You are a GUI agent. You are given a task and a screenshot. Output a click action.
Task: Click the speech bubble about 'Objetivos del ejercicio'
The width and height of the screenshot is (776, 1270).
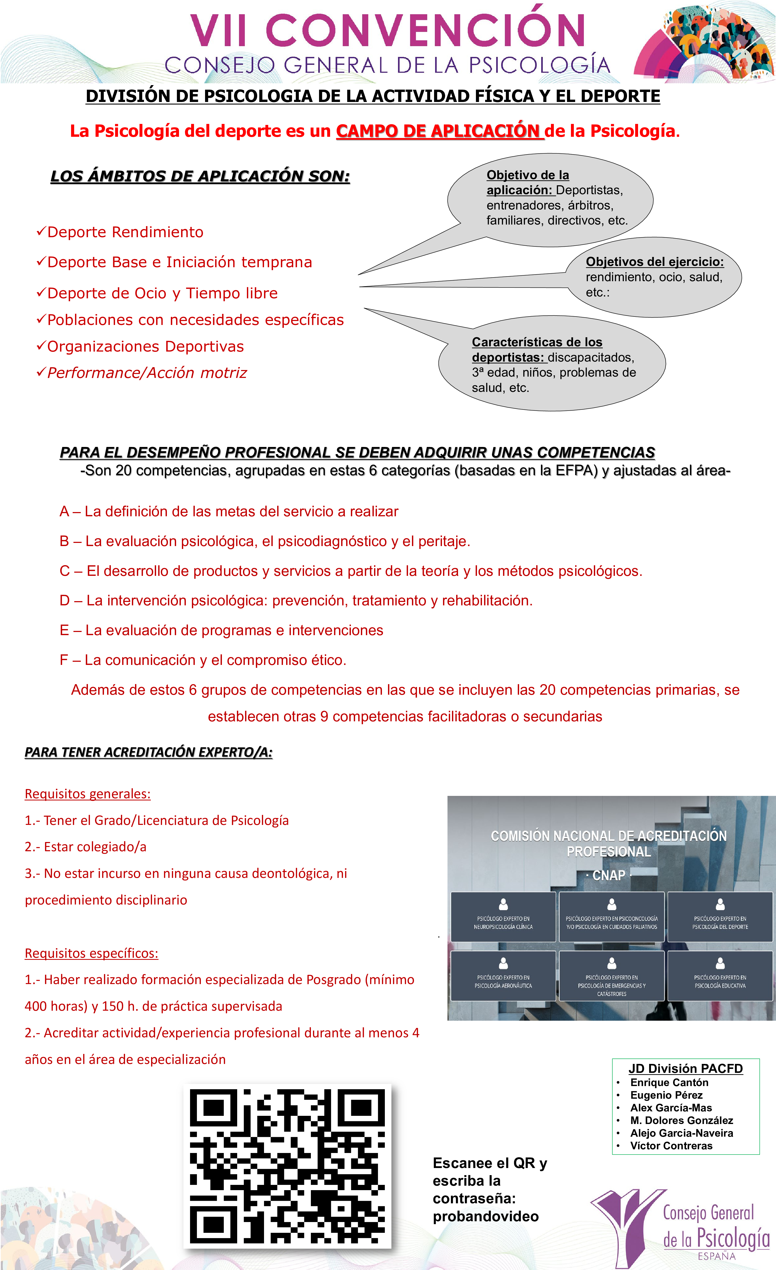[654, 277]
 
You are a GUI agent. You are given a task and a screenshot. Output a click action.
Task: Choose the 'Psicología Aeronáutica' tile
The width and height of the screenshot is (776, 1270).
[503, 976]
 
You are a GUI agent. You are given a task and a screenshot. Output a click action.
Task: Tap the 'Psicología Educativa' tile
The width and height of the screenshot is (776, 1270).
[720, 976]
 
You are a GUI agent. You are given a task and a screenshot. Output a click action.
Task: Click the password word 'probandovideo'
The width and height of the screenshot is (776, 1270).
[486, 1217]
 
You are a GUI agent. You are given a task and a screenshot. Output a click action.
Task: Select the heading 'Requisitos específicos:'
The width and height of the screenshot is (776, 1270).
[92, 953]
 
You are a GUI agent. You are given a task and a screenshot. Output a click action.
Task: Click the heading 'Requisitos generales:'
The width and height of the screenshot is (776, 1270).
[88, 794]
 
